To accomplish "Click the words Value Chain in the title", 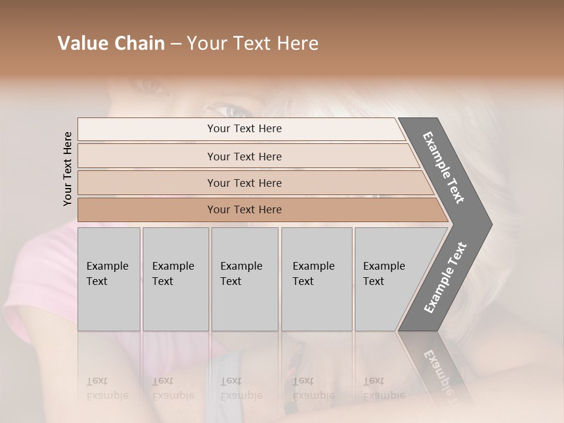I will click(x=111, y=43).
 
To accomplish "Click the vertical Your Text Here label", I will click(x=68, y=169).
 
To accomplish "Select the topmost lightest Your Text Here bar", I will click(x=244, y=129).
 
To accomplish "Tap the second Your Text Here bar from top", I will click(x=244, y=156).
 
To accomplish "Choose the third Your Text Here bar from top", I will click(x=244, y=183).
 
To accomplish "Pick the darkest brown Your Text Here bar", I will click(x=244, y=210).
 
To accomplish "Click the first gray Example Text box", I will click(x=109, y=279).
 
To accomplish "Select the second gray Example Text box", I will click(x=175, y=279).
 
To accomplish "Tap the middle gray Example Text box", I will click(x=244, y=279).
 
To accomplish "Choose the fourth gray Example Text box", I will click(x=316, y=279).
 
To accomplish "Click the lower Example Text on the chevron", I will click(x=445, y=277).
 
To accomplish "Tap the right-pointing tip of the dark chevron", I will click(x=490, y=224).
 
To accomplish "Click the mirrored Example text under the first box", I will click(x=108, y=389).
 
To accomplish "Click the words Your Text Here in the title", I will click(x=253, y=43).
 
